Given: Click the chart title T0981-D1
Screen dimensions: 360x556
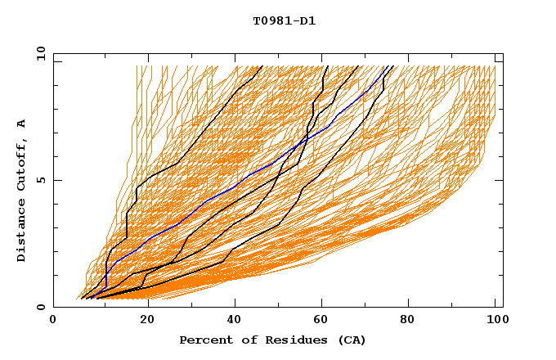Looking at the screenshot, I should [284, 20].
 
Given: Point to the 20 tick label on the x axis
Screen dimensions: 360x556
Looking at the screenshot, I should [142, 321].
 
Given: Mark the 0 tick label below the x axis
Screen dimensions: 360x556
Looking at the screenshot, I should [54, 321].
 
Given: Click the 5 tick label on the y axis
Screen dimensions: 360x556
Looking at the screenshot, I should [40, 180].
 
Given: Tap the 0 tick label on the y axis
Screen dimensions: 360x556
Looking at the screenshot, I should [40, 307].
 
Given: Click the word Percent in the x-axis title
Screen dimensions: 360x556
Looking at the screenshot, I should [205, 340].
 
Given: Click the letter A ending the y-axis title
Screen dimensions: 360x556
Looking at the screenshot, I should [22, 124].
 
